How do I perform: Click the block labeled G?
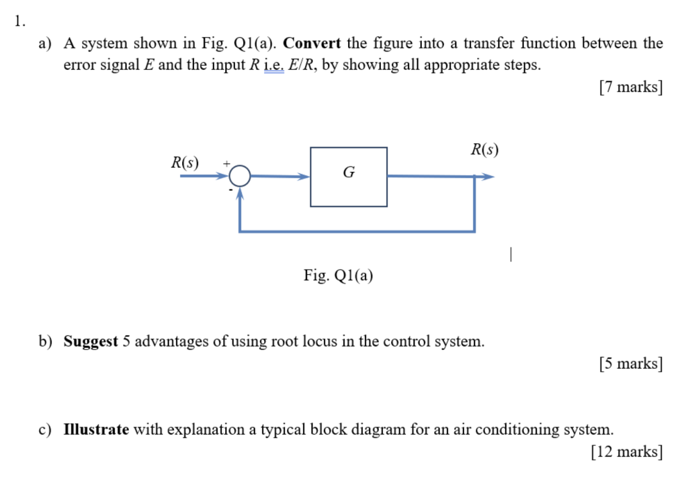pyautogui.click(x=348, y=177)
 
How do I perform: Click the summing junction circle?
pyautogui.click(x=240, y=177)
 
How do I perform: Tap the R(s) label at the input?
pyautogui.click(x=185, y=163)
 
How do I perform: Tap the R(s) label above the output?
pyautogui.click(x=484, y=149)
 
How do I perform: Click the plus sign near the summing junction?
pyautogui.click(x=226, y=163)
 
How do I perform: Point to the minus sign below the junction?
pyautogui.click(x=230, y=190)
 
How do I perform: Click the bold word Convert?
pyautogui.click(x=312, y=44)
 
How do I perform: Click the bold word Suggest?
pyautogui.click(x=91, y=341)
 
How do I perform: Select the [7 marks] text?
pyautogui.click(x=630, y=87)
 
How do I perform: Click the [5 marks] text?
pyautogui.click(x=630, y=363)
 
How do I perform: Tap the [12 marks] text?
pyautogui.click(x=627, y=451)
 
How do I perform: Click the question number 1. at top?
pyautogui.click(x=19, y=21)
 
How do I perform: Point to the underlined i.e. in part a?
pyautogui.click(x=274, y=66)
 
